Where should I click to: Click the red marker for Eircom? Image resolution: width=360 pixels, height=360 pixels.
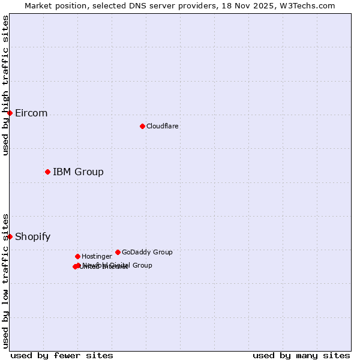[x=10, y=113]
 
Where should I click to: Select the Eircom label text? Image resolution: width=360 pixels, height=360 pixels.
[x=31, y=113]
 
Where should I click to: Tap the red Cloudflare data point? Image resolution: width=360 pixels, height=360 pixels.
[x=142, y=126]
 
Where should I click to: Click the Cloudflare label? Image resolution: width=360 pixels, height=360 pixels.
[x=162, y=126]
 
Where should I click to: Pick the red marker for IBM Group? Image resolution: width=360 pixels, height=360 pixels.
[x=47, y=172]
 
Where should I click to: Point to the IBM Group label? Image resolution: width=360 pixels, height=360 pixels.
[x=78, y=172]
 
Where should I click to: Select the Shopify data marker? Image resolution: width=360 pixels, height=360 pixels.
[x=10, y=236]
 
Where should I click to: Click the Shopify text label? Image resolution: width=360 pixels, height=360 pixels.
[x=32, y=237]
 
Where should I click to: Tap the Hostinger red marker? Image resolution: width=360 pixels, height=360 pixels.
[x=77, y=256]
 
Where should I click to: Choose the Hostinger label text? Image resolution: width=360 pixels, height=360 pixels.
[x=97, y=256]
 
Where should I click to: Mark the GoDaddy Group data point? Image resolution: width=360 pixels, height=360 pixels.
[x=118, y=252]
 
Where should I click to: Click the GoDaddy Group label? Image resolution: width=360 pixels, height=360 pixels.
[x=147, y=252]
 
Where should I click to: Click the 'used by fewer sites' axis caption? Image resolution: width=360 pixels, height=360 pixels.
[x=62, y=355]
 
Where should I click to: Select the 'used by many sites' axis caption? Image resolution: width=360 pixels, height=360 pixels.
[x=301, y=355]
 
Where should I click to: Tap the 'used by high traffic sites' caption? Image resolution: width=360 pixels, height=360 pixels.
[x=5, y=85]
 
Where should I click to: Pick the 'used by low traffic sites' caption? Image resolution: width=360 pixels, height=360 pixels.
[x=5, y=280]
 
